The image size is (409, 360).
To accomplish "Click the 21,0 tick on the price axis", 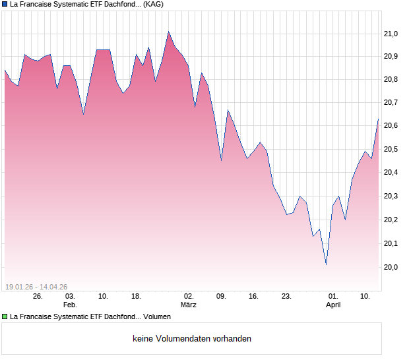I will click(x=391, y=34).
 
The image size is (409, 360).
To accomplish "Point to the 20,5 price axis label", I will click(x=391, y=150).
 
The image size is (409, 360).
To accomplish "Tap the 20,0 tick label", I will click(x=391, y=267).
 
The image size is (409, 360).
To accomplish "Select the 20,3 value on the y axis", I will click(x=391, y=196).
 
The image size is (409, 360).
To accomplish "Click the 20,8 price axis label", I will click(x=391, y=80).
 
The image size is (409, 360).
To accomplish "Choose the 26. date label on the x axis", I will click(x=38, y=297).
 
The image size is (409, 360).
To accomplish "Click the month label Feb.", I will click(x=70, y=305).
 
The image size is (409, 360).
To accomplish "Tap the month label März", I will click(x=189, y=305).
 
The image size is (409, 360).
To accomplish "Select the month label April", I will click(x=334, y=305).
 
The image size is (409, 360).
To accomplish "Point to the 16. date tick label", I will click(x=253, y=297).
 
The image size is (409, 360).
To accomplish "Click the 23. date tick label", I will click(x=286, y=297).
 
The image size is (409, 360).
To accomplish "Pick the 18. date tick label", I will click(x=136, y=297).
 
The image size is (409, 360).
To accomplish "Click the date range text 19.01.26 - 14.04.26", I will click(x=36, y=287).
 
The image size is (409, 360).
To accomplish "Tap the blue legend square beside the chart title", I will click(x=5, y=4).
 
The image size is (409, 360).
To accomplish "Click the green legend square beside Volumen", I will click(x=5, y=316).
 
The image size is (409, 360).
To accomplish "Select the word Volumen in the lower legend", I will click(x=157, y=316).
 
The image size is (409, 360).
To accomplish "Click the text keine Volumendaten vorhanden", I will click(x=192, y=339).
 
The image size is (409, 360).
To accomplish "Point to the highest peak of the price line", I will click(x=168, y=32).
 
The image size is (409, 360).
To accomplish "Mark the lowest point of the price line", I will click(x=326, y=264).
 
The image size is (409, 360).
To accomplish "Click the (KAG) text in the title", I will click(x=153, y=4).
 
